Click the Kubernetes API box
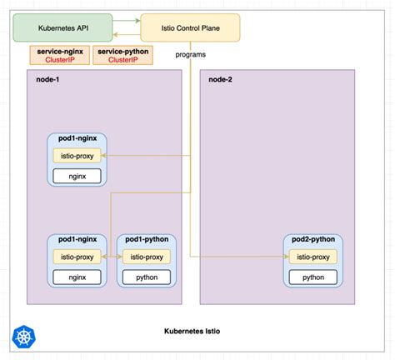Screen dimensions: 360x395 pyautogui.click(x=62, y=27)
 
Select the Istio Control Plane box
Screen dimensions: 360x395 pyautogui.click(x=189, y=27)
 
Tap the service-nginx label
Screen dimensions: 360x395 pyautogui.click(x=55, y=52)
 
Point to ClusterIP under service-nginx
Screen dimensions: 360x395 pyautogui.click(x=55, y=61)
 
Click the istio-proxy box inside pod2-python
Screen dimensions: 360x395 pyautogui.click(x=313, y=257)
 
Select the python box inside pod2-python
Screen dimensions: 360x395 pyautogui.click(x=313, y=277)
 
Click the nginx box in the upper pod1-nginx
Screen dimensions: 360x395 pyautogui.click(x=77, y=176)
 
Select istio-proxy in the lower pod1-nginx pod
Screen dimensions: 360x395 pyautogui.click(x=77, y=257)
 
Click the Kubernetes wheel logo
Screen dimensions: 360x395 pyautogui.click(x=22, y=337)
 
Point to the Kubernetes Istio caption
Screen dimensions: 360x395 pyautogui.click(x=197, y=332)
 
